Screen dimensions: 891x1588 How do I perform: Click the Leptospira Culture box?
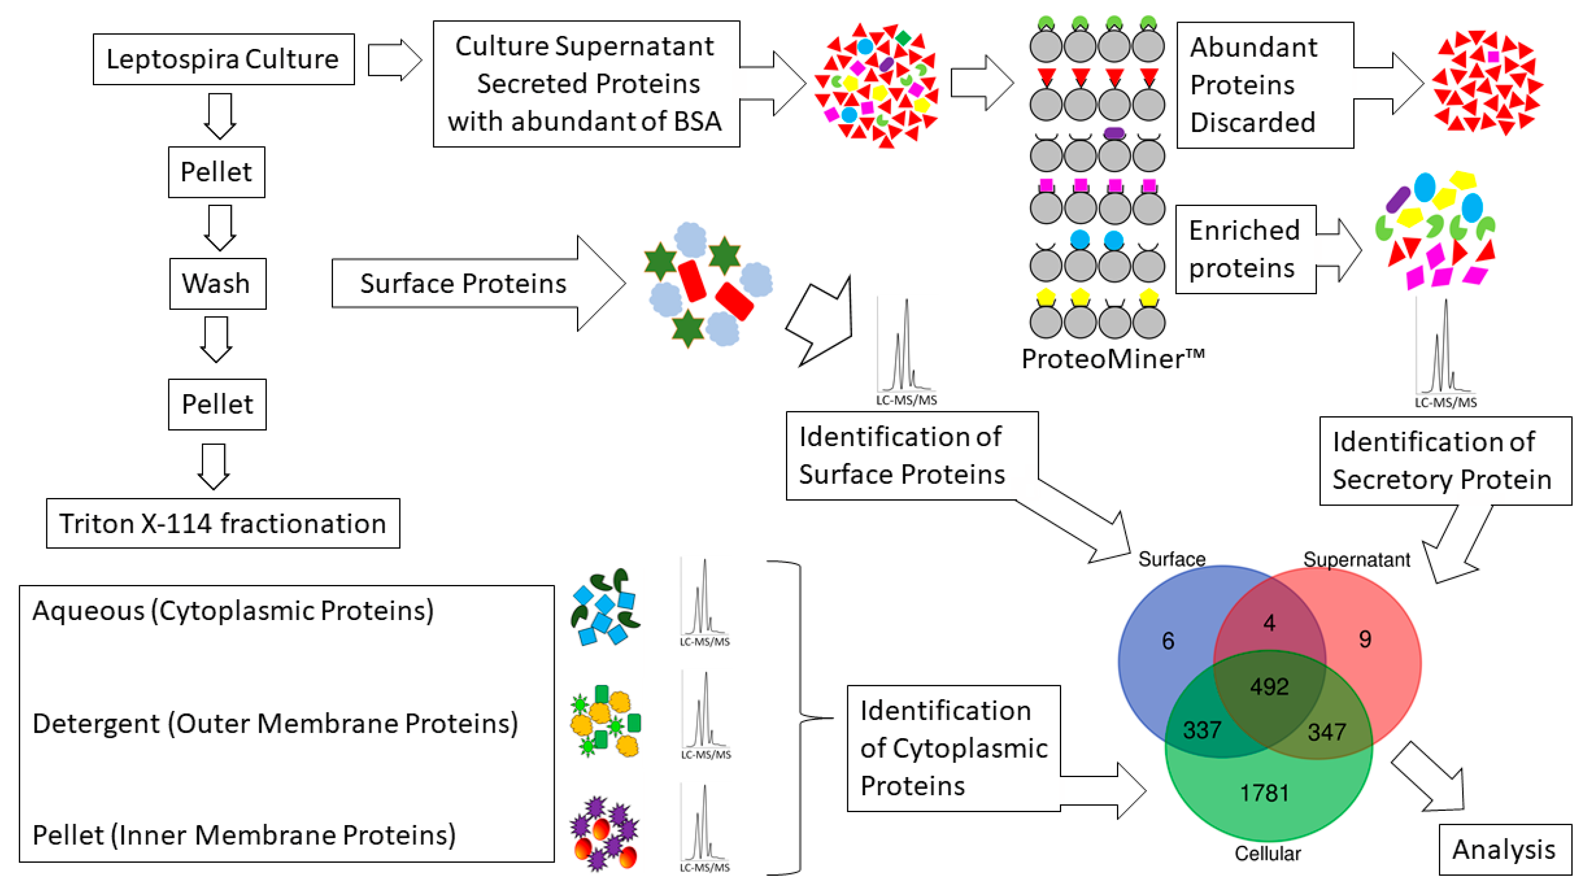[223, 59]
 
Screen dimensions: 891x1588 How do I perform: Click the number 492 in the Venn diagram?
[1269, 686]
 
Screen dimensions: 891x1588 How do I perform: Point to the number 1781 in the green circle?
[1264, 793]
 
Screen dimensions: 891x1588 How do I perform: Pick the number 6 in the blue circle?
[1168, 641]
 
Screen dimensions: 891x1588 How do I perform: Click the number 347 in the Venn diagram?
[1327, 732]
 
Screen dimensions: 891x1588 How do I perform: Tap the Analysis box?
[1504, 849]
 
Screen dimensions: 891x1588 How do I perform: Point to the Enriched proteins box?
[1245, 249]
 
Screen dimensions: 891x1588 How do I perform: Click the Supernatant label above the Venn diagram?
[1356, 559]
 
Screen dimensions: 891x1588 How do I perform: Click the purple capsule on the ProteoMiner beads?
[1114, 133]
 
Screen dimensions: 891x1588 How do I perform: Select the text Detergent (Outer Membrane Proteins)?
[275, 723]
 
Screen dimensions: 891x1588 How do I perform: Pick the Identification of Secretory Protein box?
[1444, 460]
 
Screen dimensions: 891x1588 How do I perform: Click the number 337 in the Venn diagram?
[1201, 730]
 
